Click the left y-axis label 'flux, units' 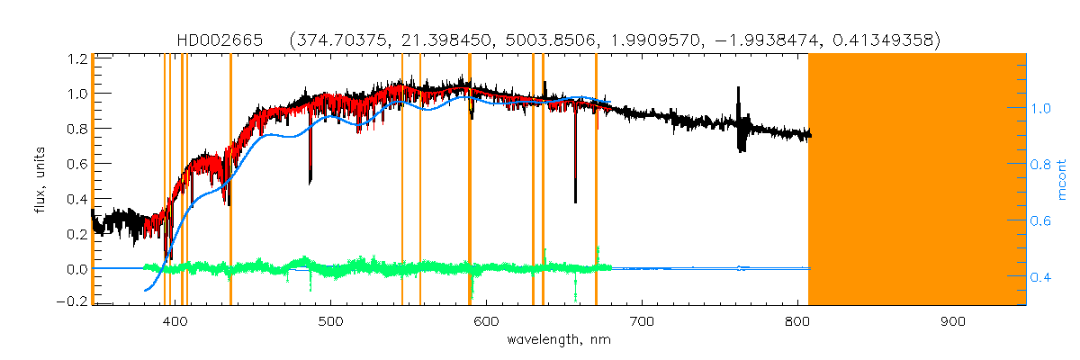click(x=38, y=180)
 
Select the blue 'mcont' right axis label click(x=1061, y=180)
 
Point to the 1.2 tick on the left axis click(x=76, y=59)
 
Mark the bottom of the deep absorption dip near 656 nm click(x=575, y=200)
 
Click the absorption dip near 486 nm click(x=310, y=180)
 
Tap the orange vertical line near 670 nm click(x=596, y=180)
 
